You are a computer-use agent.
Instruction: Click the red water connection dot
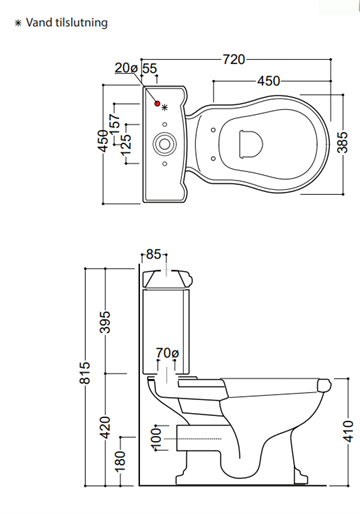pyautogui.click(x=157, y=104)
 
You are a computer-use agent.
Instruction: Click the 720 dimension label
pyautogui.click(x=234, y=59)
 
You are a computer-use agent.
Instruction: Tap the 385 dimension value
pyautogui.click(x=342, y=143)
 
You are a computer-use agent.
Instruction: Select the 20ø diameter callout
pyautogui.click(x=126, y=68)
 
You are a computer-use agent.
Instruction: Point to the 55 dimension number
pyautogui.click(x=150, y=68)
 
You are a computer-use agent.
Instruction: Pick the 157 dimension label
pyautogui.click(x=114, y=124)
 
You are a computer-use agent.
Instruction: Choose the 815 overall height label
pyautogui.click(x=85, y=372)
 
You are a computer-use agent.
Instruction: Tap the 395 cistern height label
pyautogui.click(x=105, y=322)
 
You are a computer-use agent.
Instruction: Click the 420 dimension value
pyautogui.click(x=105, y=427)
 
